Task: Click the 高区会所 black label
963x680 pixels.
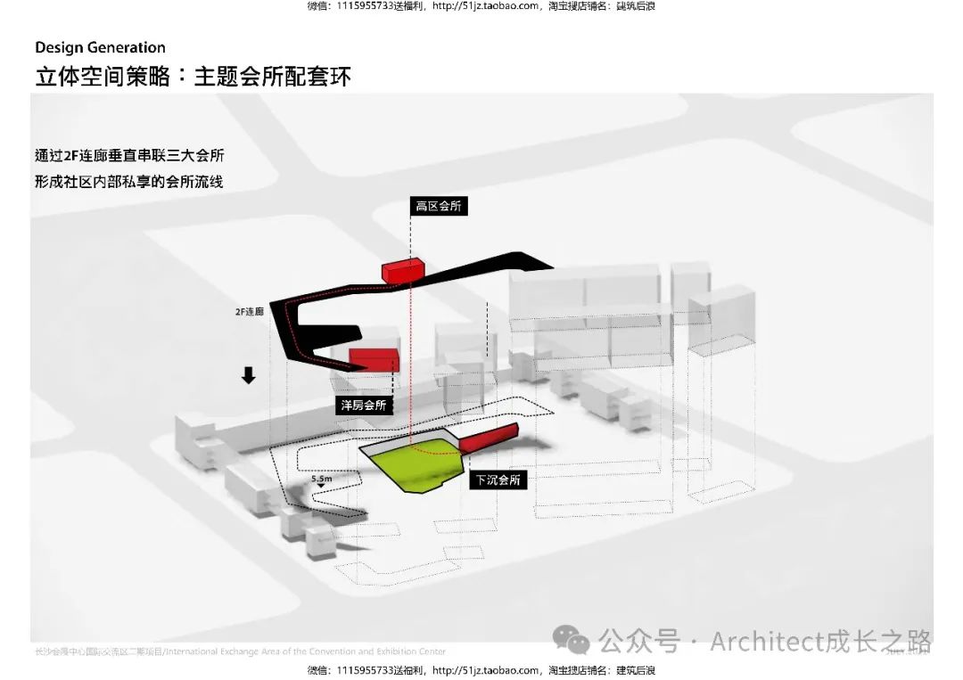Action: point(439,206)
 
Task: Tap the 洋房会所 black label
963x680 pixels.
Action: point(364,405)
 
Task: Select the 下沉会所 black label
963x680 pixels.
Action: point(498,479)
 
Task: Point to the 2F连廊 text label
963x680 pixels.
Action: point(249,312)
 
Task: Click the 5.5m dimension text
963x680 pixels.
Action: point(322,479)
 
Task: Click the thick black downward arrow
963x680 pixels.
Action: point(249,375)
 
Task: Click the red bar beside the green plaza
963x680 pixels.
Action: point(489,438)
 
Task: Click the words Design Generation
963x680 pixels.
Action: point(101,47)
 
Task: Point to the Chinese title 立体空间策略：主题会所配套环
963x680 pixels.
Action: point(193,76)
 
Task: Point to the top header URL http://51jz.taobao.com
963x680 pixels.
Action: point(485,6)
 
